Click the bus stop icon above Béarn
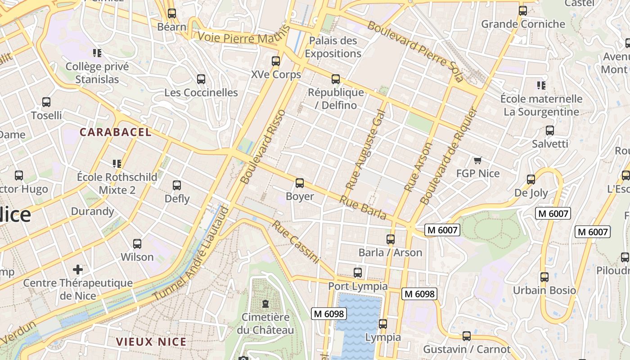(171, 13)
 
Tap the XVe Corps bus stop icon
(276, 61)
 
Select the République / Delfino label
(336, 99)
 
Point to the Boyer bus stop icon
(300, 183)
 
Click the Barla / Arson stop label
(390, 252)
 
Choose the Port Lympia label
(358, 286)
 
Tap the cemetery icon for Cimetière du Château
(265, 303)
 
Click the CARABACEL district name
(116, 132)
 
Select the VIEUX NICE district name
(151, 342)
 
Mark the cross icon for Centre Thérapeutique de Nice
(78, 270)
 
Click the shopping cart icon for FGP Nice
(478, 160)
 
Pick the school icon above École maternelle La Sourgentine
(541, 85)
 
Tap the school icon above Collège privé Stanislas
(97, 53)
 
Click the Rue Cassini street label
(295, 242)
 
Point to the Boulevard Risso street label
(263, 146)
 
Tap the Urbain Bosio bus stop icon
(544, 277)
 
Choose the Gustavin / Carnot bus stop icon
(467, 336)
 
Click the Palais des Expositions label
(333, 47)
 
